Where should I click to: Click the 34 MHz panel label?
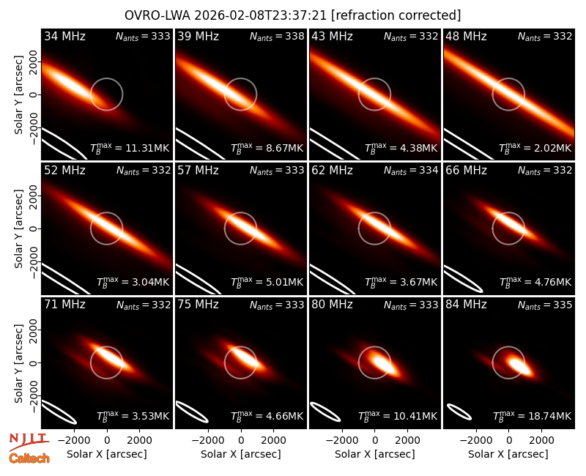tap(64, 36)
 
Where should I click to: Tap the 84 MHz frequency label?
tap(466, 305)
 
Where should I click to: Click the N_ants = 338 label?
tap(277, 36)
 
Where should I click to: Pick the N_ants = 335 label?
tap(545, 305)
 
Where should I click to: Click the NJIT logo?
tap(29, 442)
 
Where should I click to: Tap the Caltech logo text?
tap(29, 458)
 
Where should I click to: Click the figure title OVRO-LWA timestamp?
tap(226, 15)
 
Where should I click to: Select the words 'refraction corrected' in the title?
tap(396, 15)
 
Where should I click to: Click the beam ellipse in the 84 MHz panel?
tap(459, 412)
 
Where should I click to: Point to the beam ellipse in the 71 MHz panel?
tap(59, 412)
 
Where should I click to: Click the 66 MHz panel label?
tap(466, 171)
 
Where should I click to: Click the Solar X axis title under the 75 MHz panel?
tap(241, 454)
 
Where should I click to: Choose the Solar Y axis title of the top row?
tap(18, 95)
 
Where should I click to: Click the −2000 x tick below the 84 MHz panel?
tap(477, 441)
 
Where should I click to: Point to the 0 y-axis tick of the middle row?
tap(34, 228)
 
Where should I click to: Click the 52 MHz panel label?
tap(64, 171)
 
